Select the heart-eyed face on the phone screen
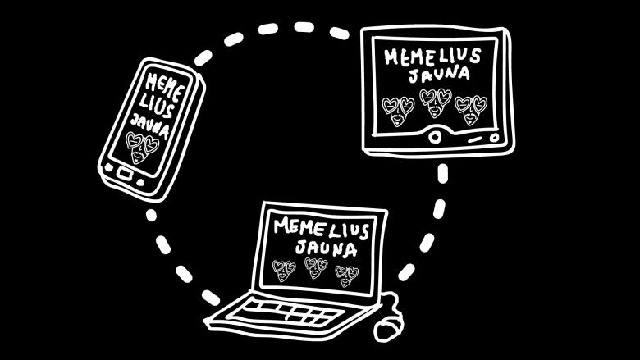(140, 148)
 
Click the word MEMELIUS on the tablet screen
(431, 57)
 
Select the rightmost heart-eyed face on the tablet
(472, 107)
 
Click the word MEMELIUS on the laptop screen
(322, 226)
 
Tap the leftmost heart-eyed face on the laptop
(284, 268)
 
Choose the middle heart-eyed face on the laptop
(315, 267)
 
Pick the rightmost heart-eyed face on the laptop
(346, 274)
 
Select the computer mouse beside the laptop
(388, 327)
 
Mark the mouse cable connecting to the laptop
(393, 304)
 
